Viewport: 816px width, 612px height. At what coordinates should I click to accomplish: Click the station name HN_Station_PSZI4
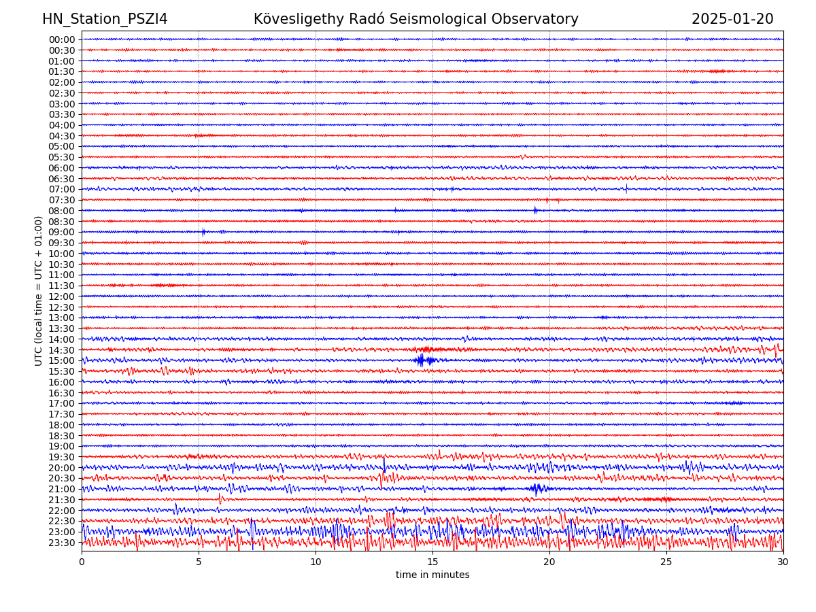click(105, 19)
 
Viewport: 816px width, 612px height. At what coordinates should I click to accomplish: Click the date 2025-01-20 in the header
click(732, 19)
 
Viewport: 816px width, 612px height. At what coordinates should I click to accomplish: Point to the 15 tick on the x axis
click(432, 562)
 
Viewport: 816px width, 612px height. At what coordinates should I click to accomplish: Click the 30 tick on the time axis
click(783, 562)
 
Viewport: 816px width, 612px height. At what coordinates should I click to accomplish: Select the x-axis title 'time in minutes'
click(432, 575)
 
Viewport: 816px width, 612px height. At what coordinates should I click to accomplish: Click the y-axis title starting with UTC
click(39, 290)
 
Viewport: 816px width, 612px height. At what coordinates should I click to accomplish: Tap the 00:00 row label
click(62, 39)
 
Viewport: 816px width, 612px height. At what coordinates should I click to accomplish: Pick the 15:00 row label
click(62, 360)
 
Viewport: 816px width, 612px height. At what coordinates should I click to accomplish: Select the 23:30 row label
click(62, 543)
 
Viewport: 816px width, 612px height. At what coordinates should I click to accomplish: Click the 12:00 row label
click(62, 296)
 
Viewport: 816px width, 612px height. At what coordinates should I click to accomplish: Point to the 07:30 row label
click(62, 200)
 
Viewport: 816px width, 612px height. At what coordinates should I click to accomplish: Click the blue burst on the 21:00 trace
click(537, 488)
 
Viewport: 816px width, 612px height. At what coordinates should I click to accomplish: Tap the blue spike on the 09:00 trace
click(203, 232)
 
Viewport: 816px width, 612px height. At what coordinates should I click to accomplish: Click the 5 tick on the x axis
click(199, 562)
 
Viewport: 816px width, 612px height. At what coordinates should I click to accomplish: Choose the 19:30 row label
click(62, 457)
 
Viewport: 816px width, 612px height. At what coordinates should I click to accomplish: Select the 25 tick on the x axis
click(666, 562)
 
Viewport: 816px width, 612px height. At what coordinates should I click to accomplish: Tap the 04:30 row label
click(62, 136)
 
